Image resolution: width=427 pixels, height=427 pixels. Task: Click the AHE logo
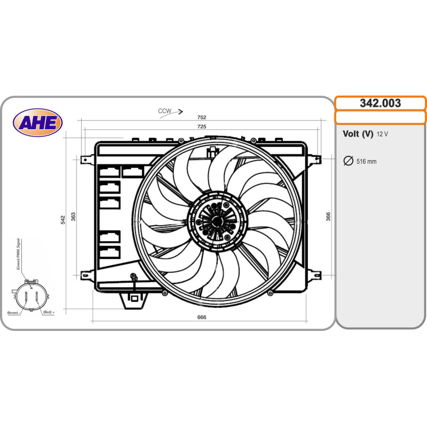tap(38, 123)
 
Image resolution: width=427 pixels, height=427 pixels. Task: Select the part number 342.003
tap(380, 104)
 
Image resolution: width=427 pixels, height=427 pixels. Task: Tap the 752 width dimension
tap(202, 117)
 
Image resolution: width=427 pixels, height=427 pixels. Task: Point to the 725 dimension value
tap(202, 127)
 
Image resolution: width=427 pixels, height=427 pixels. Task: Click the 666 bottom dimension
tap(202, 317)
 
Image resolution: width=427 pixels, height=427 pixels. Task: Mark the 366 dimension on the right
tap(328, 216)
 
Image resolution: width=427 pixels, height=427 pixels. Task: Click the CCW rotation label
tap(164, 111)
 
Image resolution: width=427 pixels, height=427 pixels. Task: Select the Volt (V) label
tap(358, 135)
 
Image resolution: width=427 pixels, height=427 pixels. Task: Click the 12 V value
tap(382, 135)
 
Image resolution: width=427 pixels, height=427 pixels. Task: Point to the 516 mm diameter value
tap(366, 161)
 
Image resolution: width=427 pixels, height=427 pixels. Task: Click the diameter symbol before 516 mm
tap(347, 161)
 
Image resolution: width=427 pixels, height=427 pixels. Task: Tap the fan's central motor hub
tap(216, 219)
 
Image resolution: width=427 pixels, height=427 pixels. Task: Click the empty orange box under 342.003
tap(380, 117)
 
